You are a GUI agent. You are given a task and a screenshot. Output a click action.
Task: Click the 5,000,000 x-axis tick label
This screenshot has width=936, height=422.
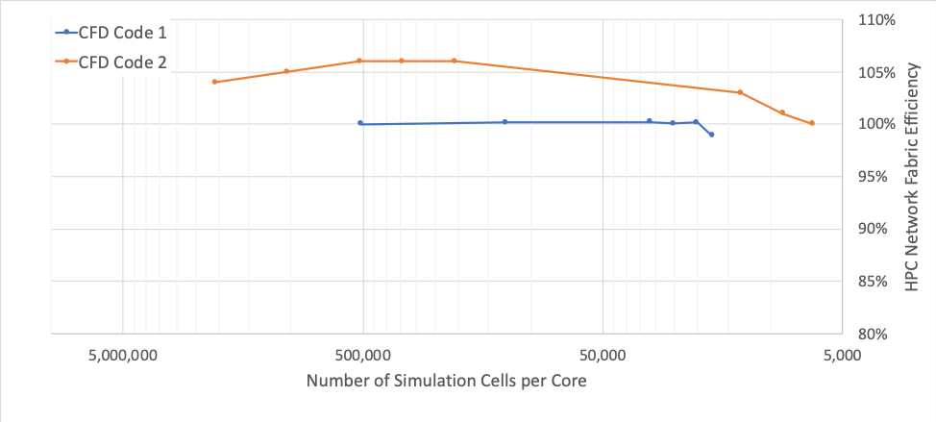click(x=123, y=354)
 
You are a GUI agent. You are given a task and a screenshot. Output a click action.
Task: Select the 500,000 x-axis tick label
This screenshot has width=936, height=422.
click(x=363, y=354)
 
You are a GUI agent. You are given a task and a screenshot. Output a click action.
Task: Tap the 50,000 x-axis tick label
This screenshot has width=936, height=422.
click(x=603, y=354)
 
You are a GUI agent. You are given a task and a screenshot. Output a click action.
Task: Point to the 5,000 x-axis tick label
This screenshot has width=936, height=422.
click(x=843, y=354)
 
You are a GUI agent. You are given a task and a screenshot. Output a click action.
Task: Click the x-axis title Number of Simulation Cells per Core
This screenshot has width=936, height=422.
click(x=446, y=381)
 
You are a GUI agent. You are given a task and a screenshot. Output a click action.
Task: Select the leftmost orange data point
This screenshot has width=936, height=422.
click(x=214, y=82)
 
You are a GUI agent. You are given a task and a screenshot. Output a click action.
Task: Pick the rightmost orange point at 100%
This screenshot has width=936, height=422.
click(x=812, y=123)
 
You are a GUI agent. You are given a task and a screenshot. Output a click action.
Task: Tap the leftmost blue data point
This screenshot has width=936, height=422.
click(x=360, y=123)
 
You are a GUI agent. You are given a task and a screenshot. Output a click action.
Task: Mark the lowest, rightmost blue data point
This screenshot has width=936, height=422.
click(x=711, y=135)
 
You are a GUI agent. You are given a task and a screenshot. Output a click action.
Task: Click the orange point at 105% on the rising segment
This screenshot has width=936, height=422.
click(x=286, y=71)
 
